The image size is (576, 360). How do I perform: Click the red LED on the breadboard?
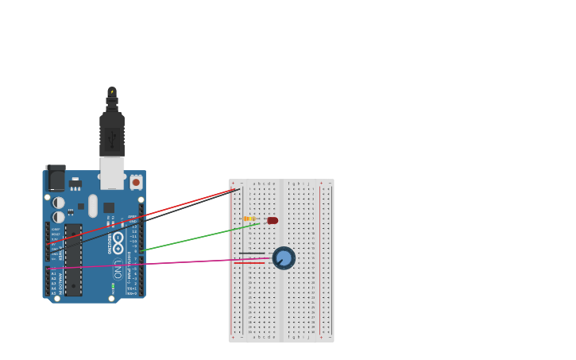pyautogui.click(x=273, y=221)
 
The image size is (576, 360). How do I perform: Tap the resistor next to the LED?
pyautogui.click(x=249, y=219)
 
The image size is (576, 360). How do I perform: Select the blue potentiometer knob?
pyautogui.click(x=284, y=257)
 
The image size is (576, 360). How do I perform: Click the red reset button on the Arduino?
pyautogui.click(x=136, y=183)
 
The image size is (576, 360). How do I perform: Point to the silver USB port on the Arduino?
pyautogui.click(x=112, y=172)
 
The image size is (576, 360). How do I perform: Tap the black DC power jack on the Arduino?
pyautogui.click(x=56, y=178)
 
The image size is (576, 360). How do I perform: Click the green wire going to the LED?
pyautogui.click(x=199, y=238)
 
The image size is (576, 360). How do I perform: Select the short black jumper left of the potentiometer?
pyautogui.click(x=252, y=254)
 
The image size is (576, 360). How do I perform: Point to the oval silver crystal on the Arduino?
pyautogui.click(x=93, y=206)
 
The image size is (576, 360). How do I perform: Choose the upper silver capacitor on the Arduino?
pyautogui.click(x=59, y=203)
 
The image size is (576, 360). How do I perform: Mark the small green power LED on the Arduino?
pyautogui.click(x=113, y=285)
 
